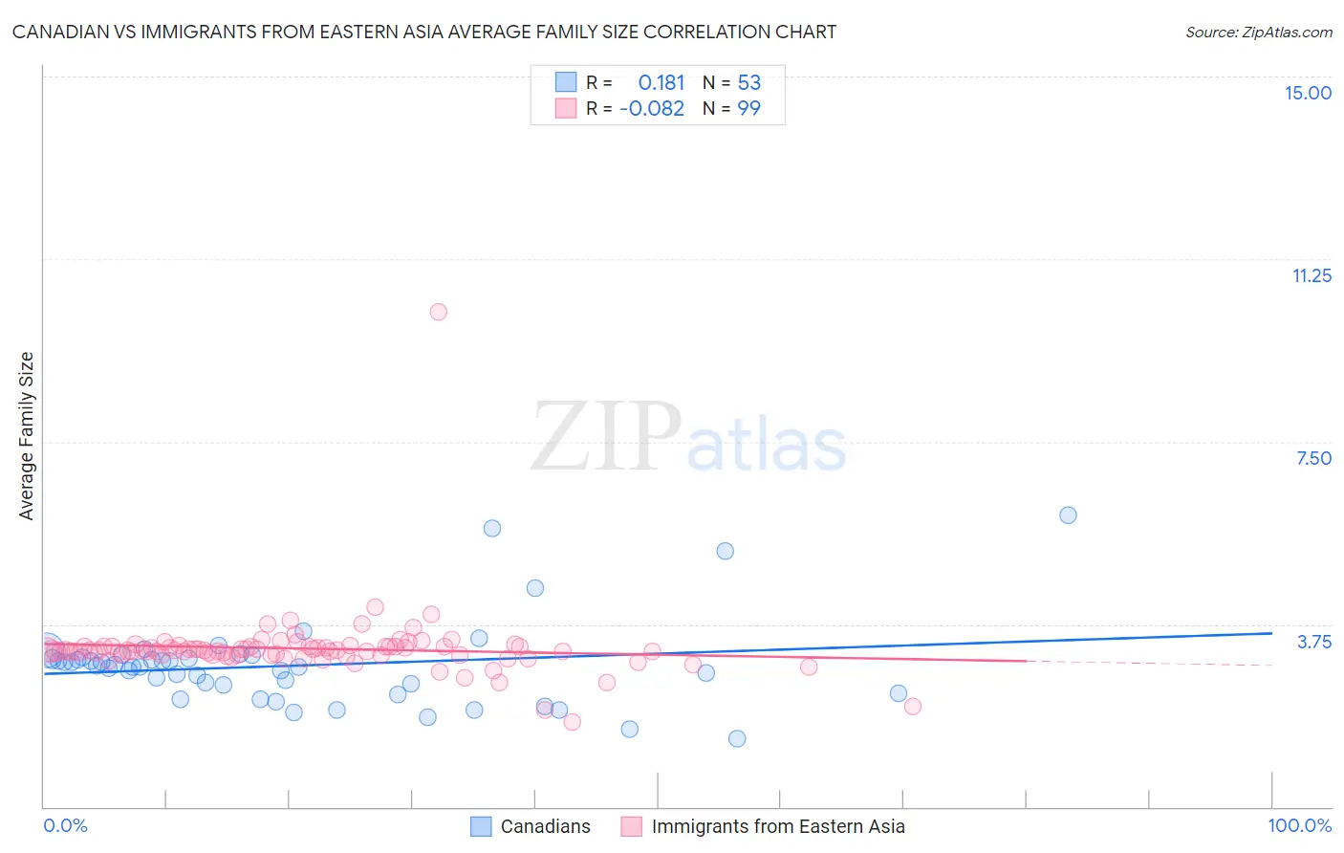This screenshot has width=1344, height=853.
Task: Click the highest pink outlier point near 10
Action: (438, 312)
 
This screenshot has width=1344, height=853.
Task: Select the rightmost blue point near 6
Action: (1068, 515)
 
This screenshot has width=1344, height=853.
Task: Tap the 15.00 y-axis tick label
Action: (1308, 93)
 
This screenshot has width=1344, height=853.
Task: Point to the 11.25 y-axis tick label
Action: (1311, 275)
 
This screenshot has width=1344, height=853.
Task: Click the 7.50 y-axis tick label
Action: (1313, 458)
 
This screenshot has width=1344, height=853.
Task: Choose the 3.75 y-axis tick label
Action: (1313, 642)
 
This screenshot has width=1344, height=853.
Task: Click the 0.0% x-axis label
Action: (65, 825)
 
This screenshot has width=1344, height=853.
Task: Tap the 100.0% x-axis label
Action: (1299, 825)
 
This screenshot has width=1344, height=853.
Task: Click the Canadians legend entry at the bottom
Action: (545, 826)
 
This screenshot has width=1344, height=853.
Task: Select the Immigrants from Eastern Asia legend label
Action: (777, 826)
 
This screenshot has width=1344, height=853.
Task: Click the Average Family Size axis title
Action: (27, 436)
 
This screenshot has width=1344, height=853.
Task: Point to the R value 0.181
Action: (661, 83)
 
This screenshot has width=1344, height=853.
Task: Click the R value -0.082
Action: (652, 109)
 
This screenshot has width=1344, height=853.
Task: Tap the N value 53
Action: (748, 83)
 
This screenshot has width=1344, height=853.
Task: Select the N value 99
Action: (748, 109)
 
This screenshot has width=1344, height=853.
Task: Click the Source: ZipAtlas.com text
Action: (1258, 33)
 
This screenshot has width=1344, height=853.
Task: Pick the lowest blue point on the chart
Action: (736, 738)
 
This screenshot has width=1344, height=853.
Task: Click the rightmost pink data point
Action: (912, 706)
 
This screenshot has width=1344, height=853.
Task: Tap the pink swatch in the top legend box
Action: (566, 108)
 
